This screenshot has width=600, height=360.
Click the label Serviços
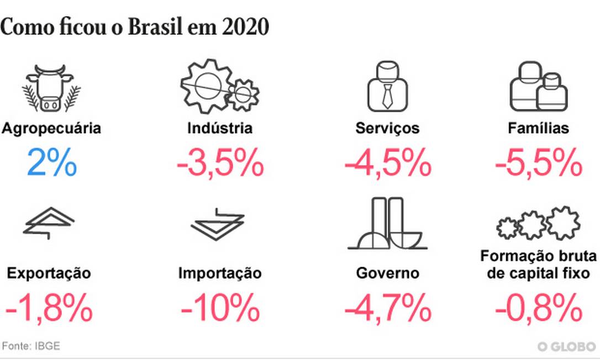[387, 129]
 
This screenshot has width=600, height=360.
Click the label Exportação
[49, 273]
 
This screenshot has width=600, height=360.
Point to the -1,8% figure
[49, 308]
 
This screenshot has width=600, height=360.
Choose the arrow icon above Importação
[218, 224]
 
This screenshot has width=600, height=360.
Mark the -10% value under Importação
[220, 308]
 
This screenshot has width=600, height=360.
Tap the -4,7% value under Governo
[387, 308]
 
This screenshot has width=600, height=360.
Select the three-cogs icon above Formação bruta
[538, 224]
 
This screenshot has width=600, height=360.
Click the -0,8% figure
[538, 308]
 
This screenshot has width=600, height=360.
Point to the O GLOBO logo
[566, 347]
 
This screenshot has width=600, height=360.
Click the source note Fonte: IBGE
[31, 346]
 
